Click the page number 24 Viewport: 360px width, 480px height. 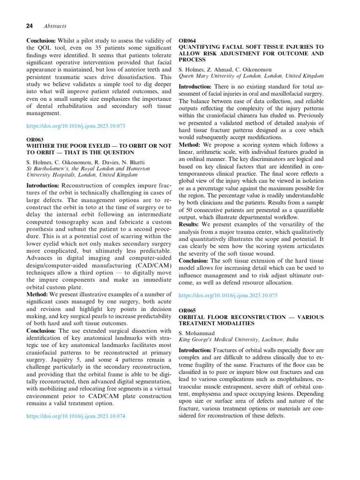(x=30, y=27)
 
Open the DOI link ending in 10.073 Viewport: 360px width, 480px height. (x=75, y=126)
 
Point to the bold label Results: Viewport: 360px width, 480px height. (x=192, y=225)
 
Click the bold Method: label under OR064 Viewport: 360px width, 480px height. (x=193, y=145)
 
